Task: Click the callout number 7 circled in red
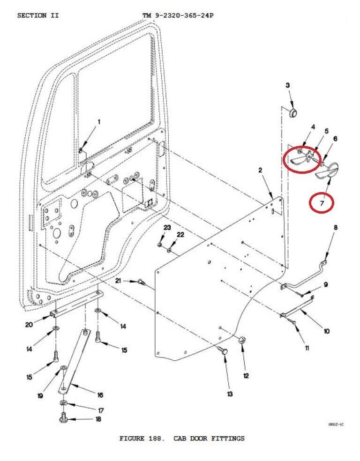coord(322,203)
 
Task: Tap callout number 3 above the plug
coord(287,85)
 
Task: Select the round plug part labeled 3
coord(292,113)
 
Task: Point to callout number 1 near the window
coord(99,122)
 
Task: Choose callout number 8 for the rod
coord(335,228)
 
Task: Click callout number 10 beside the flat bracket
coord(326,331)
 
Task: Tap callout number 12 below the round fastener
coord(246,375)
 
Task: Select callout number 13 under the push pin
coord(230,394)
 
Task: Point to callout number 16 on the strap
coord(100,395)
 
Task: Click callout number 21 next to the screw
coord(119,280)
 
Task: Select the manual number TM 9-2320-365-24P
coord(178,15)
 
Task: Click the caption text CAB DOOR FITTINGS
coord(209,439)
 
